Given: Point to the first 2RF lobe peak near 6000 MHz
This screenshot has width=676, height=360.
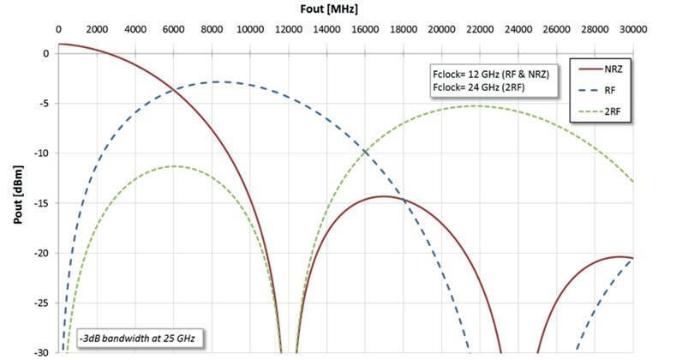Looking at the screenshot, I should click(x=175, y=166).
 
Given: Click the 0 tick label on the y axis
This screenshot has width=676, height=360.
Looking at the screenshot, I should click(x=47, y=53).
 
